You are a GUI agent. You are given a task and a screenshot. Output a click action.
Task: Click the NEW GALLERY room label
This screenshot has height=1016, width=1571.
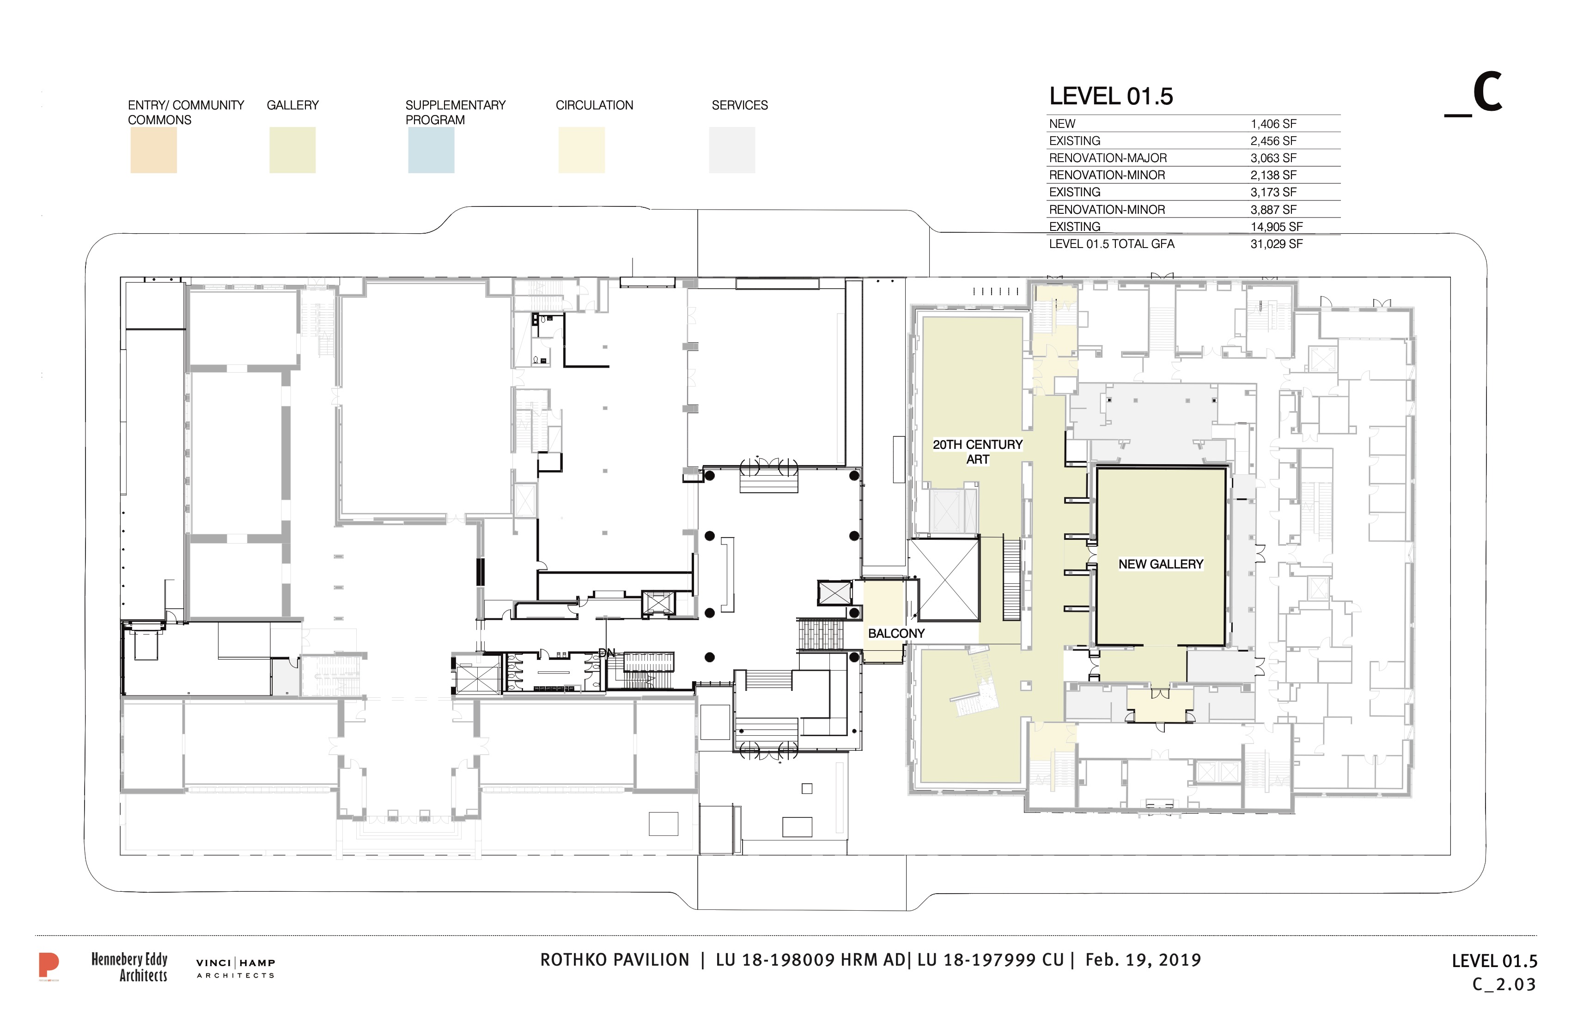(1160, 564)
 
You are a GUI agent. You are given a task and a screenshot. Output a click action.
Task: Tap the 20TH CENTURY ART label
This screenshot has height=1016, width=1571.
(978, 452)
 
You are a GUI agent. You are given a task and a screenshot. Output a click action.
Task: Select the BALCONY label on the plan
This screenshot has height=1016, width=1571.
(896, 633)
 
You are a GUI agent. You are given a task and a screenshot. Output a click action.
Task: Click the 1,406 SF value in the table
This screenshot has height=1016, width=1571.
(1273, 124)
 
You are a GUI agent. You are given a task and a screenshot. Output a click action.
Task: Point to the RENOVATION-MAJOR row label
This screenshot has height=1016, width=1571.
(1108, 158)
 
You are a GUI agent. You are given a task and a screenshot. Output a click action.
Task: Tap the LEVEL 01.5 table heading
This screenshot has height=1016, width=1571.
(1111, 97)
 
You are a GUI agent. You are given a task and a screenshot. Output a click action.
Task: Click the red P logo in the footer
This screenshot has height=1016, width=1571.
(48, 967)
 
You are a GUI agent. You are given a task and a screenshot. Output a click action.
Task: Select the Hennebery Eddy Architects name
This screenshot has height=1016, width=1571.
(129, 967)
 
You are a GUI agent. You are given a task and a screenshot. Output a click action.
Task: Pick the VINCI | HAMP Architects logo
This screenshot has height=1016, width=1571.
(236, 968)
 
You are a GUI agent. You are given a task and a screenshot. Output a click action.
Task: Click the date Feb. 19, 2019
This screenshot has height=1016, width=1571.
(1143, 960)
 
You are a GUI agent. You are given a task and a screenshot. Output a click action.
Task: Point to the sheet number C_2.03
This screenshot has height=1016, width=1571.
(1504, 984)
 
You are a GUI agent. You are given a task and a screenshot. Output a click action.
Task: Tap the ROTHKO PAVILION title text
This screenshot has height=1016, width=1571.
(615, 960)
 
